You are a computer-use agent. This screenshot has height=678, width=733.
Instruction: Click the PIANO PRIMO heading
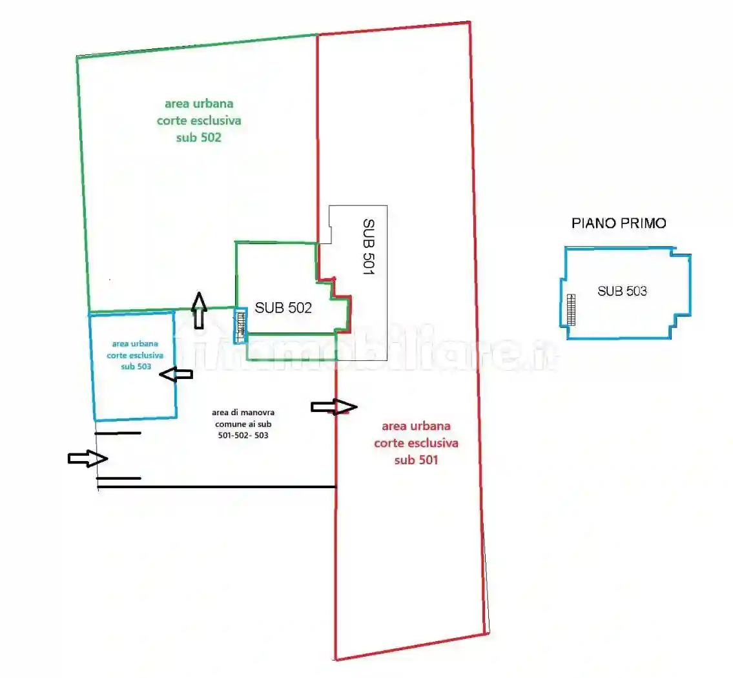(x=619, y=223)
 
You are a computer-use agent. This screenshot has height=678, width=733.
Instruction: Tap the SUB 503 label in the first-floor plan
(x=622, y=291)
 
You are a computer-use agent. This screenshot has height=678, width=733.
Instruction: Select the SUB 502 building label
(x=284, y=307)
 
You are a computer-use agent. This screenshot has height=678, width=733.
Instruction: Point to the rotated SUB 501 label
(x=369, y=247)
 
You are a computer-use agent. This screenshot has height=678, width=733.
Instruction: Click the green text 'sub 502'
(x=199, y=138)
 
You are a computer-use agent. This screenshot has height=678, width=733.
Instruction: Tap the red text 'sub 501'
(x=416, y=460)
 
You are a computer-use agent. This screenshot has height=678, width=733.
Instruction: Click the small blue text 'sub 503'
(x=136, y=366)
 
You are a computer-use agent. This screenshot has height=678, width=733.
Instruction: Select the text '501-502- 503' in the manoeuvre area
(x=243, y=435)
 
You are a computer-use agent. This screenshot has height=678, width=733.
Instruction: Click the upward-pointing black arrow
(x=200, y=310)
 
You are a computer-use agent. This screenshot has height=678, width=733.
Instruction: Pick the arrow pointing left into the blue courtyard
(x=176, y=374)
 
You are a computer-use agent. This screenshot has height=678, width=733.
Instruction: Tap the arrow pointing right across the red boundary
(x=335, y=407)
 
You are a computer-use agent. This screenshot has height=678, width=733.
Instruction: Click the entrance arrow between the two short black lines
(x=88, y=458)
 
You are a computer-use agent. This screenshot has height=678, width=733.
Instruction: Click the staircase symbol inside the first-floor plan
(x=571, y=310)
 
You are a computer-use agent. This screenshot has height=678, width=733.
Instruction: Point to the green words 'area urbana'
(x=199, y=103)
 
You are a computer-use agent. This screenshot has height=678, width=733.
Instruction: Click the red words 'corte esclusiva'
(x=416, y=443)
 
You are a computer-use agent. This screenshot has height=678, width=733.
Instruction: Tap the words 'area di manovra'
(x=243, y=412)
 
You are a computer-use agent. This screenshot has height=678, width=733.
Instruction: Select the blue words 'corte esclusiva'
(x=135, y=355)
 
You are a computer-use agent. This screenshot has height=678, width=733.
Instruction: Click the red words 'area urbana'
(x=416, y=426)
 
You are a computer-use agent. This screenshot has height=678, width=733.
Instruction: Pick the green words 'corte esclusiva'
(x=199, y=121)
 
